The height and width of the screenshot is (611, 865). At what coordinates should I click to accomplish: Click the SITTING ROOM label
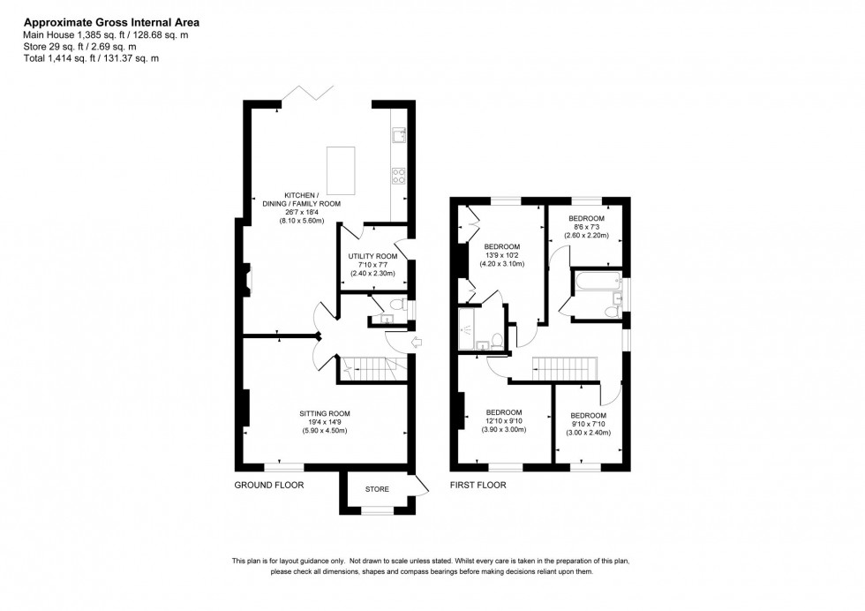click(x=325, y=413)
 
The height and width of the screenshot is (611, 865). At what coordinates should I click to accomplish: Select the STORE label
click(x=377, y=488)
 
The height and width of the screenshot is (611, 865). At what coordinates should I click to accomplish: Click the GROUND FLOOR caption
click(x=269, y=486)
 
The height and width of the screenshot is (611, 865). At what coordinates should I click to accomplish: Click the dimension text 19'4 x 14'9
click(x=325, y=422)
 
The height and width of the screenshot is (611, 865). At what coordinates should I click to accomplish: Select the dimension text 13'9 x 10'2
click(x=502, y=255)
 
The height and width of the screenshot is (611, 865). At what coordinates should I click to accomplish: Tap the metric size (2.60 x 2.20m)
click(x=586, y=236)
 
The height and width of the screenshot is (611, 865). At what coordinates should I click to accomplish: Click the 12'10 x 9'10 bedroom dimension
click(x=504, y=421)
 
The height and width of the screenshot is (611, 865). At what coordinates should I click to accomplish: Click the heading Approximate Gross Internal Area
click(x=110, y=20)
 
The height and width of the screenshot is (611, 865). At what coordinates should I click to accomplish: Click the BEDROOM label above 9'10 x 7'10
click(x=588, y=416)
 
